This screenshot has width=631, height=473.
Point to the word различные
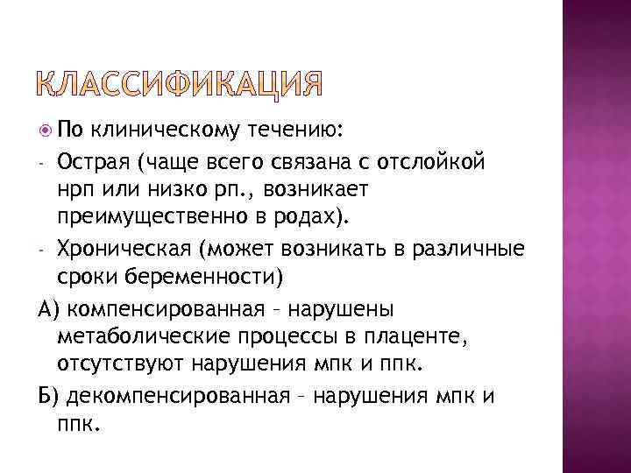[x=473, y=249]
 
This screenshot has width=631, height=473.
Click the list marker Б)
[x=47, y=396]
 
